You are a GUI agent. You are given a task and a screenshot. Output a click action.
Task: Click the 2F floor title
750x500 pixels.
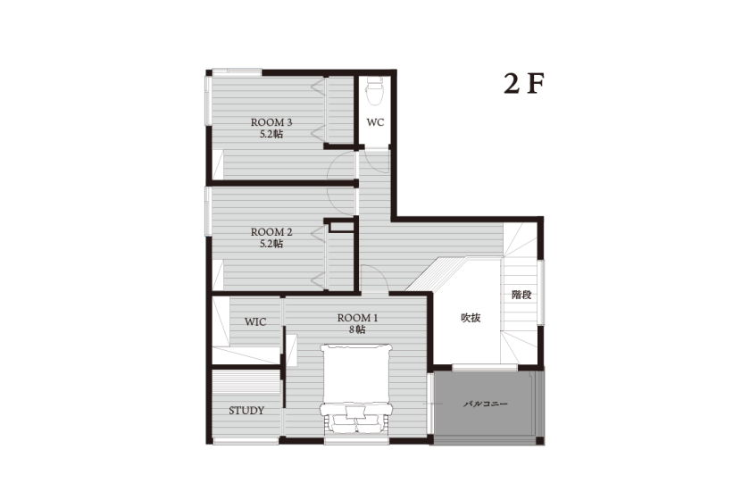tap(524, 84)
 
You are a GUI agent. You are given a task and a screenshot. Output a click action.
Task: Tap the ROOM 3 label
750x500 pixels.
tap(271, 122)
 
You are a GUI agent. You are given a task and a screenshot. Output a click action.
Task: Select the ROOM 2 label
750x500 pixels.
tap(271, 232)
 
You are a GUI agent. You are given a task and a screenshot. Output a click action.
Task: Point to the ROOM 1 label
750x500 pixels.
tap(357, 318)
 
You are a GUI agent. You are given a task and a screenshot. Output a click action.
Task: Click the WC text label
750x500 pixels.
tap(375, 122)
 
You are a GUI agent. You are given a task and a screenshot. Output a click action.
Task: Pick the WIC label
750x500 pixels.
tap(255, 322)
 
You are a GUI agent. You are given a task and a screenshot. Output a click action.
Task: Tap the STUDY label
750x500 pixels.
tap(246, 411)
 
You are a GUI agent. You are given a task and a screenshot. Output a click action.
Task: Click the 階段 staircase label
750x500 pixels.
tap(521, 295)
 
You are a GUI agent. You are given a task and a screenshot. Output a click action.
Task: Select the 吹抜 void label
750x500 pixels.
tap(471, 318)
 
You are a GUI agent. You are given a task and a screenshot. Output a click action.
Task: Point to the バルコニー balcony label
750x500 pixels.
tap(486, 404)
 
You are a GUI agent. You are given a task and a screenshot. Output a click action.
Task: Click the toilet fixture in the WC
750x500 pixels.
tap(374, 91)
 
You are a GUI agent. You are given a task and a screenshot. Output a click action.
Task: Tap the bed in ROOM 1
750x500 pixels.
tap(356, 389)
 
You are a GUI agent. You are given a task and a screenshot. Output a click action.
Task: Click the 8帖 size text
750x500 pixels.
tap(357, 329)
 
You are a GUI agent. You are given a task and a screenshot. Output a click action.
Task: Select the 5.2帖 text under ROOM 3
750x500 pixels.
tap(271, 135)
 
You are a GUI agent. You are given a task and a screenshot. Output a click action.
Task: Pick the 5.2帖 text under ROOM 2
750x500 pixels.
tap(271, 244)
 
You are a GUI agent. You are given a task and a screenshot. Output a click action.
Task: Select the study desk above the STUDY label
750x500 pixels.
tap(246, 381)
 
